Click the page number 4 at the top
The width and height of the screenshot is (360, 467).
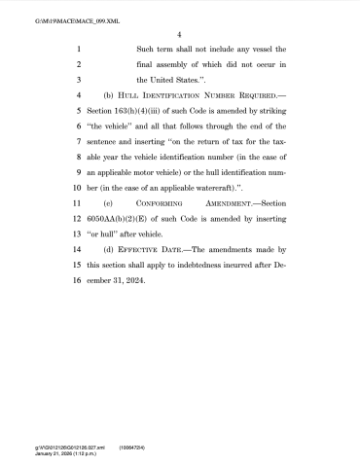point(180,32)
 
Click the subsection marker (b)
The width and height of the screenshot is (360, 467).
point(108,98)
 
